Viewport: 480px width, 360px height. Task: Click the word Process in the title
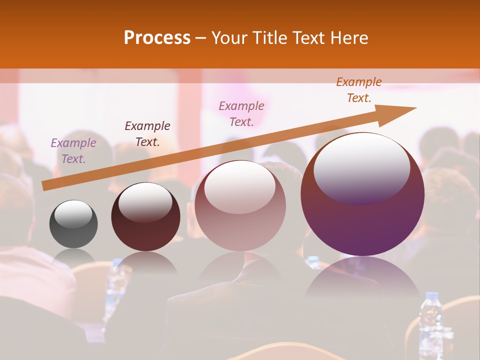[157, 38]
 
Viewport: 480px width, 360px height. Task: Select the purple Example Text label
[73, 151]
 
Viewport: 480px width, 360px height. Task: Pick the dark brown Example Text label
[147, 134]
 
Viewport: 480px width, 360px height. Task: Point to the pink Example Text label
[241, 114]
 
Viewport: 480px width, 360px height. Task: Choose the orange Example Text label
[359, 90]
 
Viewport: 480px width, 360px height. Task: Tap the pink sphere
[240, 220]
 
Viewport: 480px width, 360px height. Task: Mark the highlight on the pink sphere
[240, 186]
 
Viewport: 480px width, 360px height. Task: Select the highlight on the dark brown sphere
[145, 202]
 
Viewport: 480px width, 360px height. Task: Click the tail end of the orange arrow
[45, 186]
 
